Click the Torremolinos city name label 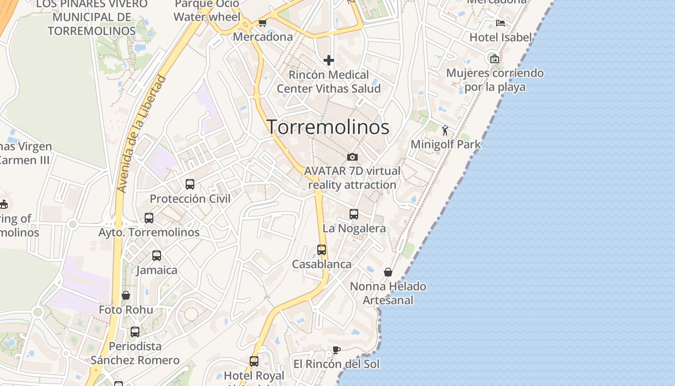click(x=328, y=127)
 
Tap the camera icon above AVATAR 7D click(x=352, y=157)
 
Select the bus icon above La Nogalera click(x=354, y=214)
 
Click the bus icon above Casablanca click(x=322, y=250)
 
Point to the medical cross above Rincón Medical click(x=329, y=60)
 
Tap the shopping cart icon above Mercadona click(x=263, y=23)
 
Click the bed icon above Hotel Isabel click(x=500, y=23)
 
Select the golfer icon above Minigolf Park click(x=445, y=130)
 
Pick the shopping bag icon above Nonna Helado click(x=388, y=273)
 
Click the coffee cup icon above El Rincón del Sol click(x=337, y=350)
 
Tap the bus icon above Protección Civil click(x=190, y=184)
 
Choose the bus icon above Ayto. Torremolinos click(x=149, y=218)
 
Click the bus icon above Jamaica click(x=157, y=256)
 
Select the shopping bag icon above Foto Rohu click(x=126, y=295)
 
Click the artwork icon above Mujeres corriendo click(x=495, y=59)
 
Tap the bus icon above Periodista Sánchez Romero click(x=135, y=332)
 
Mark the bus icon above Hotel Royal click(x=254, y=361)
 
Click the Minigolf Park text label click(x=445, y=144)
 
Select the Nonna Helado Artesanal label click(x=388, y=293)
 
